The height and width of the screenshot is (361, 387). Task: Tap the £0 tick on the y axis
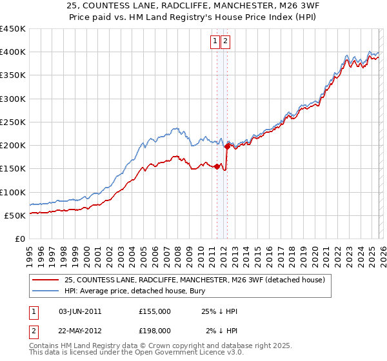19,239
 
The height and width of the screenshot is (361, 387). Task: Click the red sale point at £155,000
216,166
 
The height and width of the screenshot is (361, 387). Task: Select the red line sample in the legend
46,280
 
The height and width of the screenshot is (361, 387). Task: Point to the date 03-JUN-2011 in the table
80,311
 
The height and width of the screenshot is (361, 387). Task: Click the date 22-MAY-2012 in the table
80,331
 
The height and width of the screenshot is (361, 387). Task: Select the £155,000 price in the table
154,311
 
